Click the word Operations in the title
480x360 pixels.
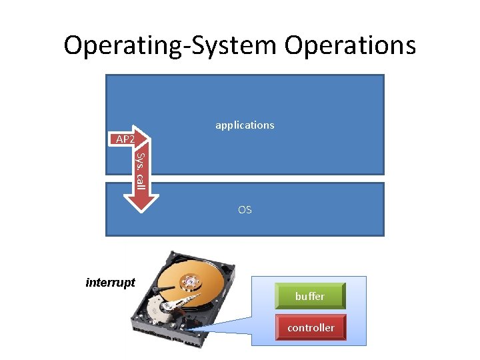[351, 45]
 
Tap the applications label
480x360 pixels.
[245, 125]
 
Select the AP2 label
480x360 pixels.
[125, 139]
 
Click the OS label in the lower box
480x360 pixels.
[245, 209]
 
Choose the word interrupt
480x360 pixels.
[111, 282]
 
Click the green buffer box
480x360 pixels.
[310, 296]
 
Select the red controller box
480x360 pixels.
[310, 327]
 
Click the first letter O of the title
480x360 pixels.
[73, 45]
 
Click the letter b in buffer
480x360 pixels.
[298, 296]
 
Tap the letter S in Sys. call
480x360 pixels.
[140, 157]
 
